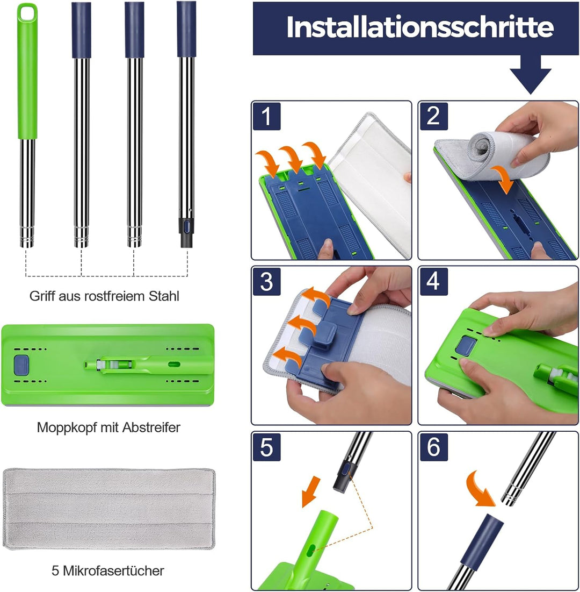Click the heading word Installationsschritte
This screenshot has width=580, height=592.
(419, 27)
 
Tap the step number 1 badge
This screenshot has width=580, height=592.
(267, 117)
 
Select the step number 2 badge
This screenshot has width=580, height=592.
(433, 117)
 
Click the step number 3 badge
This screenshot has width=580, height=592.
(267, 282)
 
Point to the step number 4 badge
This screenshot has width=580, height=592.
(433, 282)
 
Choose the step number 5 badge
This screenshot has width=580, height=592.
(267, 447)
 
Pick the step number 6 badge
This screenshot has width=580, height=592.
(433, 447)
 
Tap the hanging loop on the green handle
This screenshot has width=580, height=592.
(27, 11)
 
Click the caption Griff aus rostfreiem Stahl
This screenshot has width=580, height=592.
(104, 296)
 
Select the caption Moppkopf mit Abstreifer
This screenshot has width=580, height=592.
(108, 427)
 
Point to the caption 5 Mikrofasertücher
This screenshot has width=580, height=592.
(108, 570)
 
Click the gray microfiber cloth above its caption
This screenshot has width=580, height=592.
(108, 509)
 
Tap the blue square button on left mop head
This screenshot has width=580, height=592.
(21, 364)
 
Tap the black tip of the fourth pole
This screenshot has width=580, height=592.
(186, 234)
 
